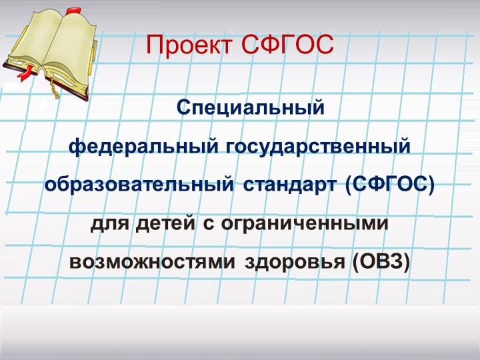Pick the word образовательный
tap(139, 183)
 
